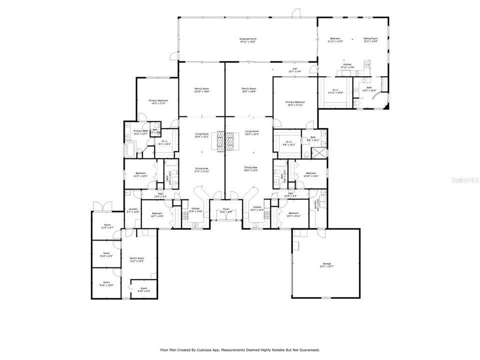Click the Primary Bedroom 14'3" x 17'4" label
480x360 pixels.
tap(158, 102)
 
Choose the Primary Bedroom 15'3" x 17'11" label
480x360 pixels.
tap(295, 103)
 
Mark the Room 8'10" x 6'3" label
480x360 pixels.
tap(144, 289)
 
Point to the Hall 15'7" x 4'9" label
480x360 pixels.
tap(295, 70)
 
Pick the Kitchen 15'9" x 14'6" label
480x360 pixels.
tap(196, 209)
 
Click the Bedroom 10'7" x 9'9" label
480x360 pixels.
tap(157, 214)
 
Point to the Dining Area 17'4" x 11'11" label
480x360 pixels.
tap(202, 169)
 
